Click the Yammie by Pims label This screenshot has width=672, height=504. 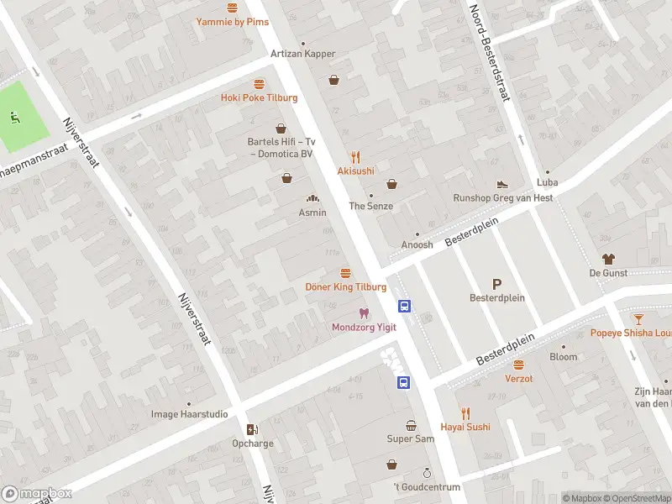(233, 22)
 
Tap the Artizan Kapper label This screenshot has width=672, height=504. (302, 54)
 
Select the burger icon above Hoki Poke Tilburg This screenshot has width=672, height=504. (259, 83)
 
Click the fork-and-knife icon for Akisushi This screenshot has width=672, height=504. (355, 156)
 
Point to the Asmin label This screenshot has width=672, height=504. (312, 213)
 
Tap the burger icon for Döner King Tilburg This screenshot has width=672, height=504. (345, 273)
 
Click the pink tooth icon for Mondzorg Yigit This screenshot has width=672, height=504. (363, 312)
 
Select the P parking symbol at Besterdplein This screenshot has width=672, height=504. (496, 284)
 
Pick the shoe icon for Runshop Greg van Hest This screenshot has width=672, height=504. (502, 183)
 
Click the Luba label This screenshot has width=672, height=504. (547, 182)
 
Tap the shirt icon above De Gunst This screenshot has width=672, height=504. (607, 259)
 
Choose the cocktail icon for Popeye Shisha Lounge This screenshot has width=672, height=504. (638, 318)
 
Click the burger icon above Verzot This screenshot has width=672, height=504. (518, 365)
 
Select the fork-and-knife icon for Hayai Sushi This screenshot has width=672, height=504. (465, 412)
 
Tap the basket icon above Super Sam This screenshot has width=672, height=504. (411, 425)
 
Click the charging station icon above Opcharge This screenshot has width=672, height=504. (251, 429)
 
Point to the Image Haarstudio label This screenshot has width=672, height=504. (189, 414)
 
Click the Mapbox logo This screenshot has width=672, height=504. (36, 493)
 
